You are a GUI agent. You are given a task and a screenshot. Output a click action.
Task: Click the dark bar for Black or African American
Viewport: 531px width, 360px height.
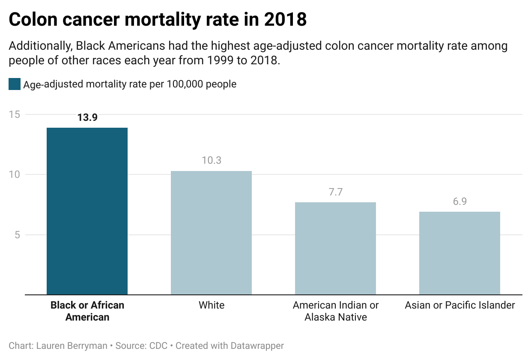(x=87, y=211)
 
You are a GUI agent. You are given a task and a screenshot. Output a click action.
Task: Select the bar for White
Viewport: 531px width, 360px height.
(x=211, y=233)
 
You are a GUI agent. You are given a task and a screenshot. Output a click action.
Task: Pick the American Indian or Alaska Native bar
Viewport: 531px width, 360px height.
(x=335, y=249)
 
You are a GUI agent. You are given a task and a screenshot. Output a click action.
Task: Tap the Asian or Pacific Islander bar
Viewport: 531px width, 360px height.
(x=459, y=253)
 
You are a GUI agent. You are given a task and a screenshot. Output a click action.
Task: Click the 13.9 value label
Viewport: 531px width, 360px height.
(x=87, y=117)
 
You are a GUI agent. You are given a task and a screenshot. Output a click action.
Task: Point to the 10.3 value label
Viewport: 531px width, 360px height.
(x=212, y=161)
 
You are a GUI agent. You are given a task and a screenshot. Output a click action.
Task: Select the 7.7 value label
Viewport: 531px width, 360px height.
(x=336, y=192)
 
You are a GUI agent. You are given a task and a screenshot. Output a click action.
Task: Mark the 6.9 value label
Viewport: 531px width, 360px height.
(x=460, y=201)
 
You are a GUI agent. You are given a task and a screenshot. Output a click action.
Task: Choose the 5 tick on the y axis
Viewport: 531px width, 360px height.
(x=17, y=235)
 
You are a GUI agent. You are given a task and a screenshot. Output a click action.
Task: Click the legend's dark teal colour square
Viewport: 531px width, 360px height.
(x=15, y=84)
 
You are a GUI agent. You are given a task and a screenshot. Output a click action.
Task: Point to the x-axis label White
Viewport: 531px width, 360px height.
(x=212, y=306)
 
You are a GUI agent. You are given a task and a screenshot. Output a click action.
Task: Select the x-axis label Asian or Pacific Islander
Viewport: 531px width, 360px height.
(x=460, y=306)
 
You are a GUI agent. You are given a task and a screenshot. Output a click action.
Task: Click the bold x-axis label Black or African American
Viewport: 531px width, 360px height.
(x=87, y=311)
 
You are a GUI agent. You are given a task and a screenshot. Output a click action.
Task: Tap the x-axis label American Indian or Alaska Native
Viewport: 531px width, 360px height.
(x=336, y=311)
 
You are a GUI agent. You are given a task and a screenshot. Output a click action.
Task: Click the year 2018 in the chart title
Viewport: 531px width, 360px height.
(x=285, y=19)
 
